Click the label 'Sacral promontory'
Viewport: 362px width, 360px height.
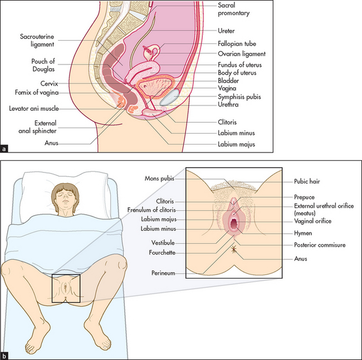(234, 8)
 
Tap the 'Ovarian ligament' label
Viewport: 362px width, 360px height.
(241, 54)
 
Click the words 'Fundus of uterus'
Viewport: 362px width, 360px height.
(239, 65)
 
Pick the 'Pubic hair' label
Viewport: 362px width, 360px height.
(308, 181)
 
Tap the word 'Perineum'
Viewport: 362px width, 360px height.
(163, 273)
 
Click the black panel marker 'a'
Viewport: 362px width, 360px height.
(5, 148)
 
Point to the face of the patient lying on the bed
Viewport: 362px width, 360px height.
(67, 199)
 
